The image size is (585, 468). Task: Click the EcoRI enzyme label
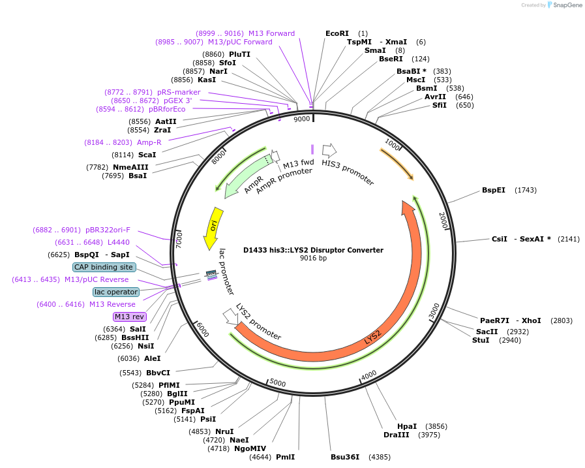coord(337,33)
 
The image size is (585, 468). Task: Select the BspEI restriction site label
coord(494,190)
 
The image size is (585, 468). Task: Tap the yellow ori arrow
coord(213,227)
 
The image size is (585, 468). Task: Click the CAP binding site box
coord(104,267)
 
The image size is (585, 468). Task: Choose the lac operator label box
coord(116,292)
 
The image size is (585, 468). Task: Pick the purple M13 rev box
coord(130,317)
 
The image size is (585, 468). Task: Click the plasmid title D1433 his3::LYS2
coord(313,250)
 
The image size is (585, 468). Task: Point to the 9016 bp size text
coord(313,258)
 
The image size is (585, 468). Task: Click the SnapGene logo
coord(565,5)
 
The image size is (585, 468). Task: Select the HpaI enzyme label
coord(406,426)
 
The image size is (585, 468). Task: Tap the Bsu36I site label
coord(345,457)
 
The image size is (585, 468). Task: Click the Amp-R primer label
coord(149,142)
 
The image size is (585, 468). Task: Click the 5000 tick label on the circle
coord(278,383)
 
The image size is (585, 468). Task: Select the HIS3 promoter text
coord(348,172)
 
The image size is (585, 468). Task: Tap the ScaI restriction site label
coord(147,155)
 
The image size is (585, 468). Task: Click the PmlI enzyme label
coord(286,457)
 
